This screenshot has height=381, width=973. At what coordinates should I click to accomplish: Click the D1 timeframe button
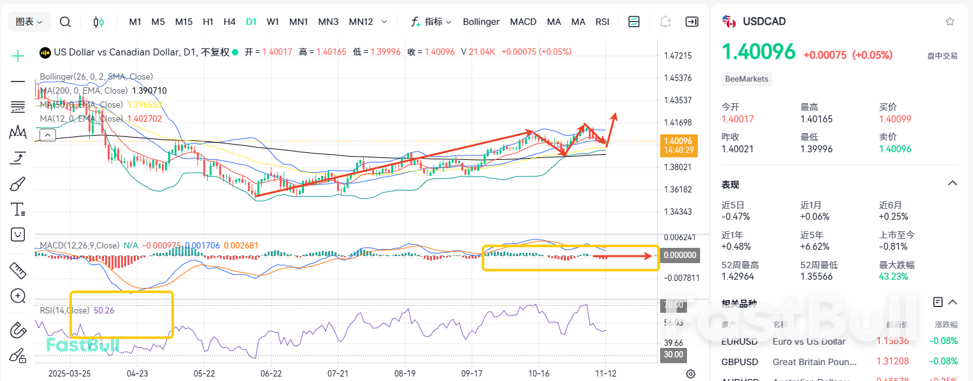(x=251, y=22)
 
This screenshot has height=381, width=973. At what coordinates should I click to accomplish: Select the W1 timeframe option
(x=273, y=22)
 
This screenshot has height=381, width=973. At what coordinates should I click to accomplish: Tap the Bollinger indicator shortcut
(x=481, y=22)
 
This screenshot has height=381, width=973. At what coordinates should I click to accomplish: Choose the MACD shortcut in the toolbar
(x=523, y=22)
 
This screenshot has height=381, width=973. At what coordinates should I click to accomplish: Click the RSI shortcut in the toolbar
(x=602, y=22)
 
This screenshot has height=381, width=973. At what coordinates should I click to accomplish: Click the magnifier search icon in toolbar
(x=65, y=22)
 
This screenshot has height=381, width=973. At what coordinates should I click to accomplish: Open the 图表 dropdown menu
(x=29, y=22)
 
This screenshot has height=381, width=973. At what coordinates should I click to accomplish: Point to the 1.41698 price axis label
(x=677, y=122)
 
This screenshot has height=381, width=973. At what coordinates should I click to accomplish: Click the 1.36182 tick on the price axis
(x=677, y=189)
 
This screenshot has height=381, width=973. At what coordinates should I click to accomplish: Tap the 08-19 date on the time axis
(x=405, y=373)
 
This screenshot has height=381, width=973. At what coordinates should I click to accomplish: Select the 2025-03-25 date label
(x=69, y=373)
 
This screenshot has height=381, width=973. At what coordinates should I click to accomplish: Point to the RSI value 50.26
(x=104, y=310)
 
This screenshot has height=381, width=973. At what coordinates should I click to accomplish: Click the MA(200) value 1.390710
(x=149, y=91)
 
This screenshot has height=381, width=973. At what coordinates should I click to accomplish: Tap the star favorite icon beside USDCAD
(x=950, y=22)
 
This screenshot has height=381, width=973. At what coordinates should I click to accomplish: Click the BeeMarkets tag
(x=747, y=79)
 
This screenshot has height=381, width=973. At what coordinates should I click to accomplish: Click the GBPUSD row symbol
(x=740, y=362)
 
